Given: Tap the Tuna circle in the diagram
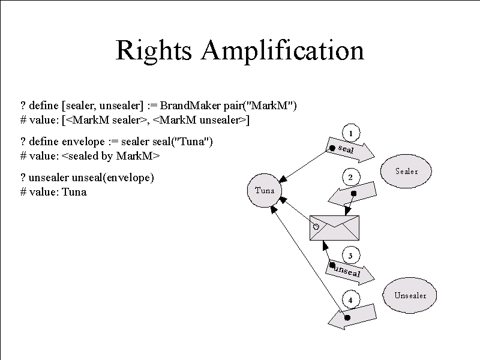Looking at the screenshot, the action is (x=265, y=190).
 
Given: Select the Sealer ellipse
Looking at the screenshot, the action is (x=406, y=171).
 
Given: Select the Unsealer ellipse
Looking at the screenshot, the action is (x=410, y=295).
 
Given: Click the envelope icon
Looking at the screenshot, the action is (x=334, y=228).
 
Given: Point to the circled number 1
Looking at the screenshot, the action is (x=351, y=133).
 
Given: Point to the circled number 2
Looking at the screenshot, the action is (x=350, y=177).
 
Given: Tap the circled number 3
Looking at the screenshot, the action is (x=351, y=256).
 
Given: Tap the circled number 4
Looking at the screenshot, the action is (x=351, y=300).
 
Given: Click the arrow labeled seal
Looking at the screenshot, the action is (x=350, y=150).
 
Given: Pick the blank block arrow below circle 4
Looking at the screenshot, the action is (x=352, y=317).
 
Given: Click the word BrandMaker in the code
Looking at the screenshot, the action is (x=190, y=106).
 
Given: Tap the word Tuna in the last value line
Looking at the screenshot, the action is (x=74, y=192).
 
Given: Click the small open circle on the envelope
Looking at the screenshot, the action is (x=316, y=227).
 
